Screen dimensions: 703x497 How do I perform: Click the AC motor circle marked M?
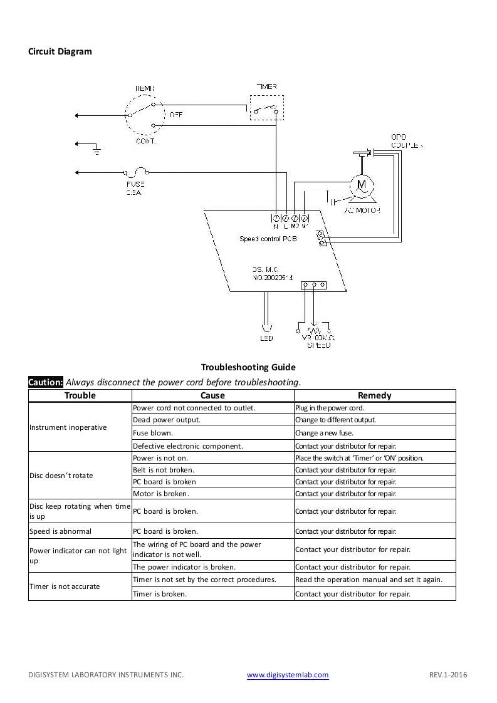click(x=361, y=184)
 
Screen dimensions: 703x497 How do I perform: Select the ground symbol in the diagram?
click(x=96, y=150)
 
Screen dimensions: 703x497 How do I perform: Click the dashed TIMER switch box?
click(x=267, y=108)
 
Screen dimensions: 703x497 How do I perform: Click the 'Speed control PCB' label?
click(x=268, y=239)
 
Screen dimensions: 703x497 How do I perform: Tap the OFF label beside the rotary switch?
click(x=176, y=115)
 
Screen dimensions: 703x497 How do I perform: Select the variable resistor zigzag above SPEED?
click(x=314, y=330)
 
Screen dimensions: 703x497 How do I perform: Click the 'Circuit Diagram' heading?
click(x=60, y=51)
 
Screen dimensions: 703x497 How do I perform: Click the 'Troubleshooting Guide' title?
click(x=248, y=367)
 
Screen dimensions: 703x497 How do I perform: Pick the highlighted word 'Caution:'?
click(x=46, y=382)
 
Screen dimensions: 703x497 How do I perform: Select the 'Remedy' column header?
click(x=374, y=395)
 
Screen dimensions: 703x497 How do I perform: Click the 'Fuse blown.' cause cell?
click(x=153, y=433)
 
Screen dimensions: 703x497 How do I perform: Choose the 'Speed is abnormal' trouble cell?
click(x=60, y=531)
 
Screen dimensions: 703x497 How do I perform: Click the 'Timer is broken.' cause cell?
click(x=159, y=594)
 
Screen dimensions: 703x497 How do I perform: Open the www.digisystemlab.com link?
click(x=288, y=675)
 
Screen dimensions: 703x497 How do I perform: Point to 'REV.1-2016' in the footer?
click(x=448, y=675)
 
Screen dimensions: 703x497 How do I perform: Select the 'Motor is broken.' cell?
click(x=161, y=494)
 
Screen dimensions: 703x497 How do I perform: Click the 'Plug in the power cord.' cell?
click(x=329, y=408)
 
